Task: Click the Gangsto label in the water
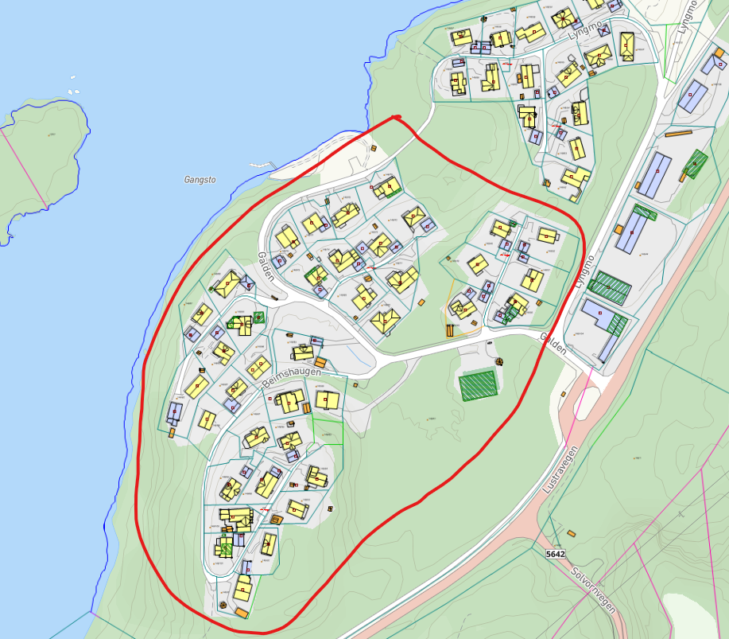[200, 180]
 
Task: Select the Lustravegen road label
[559, 470]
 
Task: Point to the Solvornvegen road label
[593, 590]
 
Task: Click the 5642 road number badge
[556, 553]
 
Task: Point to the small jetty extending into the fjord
[258, 165]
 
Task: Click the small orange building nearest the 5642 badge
[571, 533]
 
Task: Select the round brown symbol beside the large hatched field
[500, 361]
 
